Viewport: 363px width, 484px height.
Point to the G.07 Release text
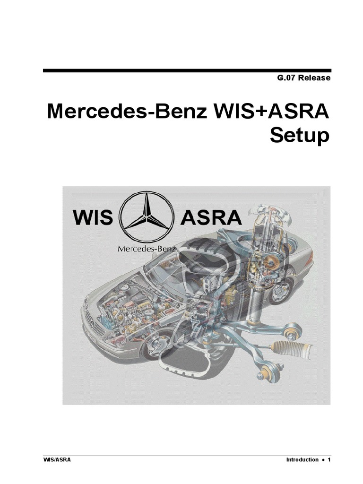[x=303, y=78]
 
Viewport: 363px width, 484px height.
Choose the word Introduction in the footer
[x=302, y=460]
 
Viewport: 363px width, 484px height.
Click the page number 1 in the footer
[x=328, y=460]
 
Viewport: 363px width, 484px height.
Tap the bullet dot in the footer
[x=323, y=460]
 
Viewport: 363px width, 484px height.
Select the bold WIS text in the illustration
[x=93, y=218]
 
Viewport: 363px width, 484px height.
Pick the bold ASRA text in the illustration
[x=211, y=218]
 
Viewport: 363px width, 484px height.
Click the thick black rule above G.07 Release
[x=186, y=70]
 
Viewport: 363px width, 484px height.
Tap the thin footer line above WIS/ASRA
[x=186, y=456]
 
